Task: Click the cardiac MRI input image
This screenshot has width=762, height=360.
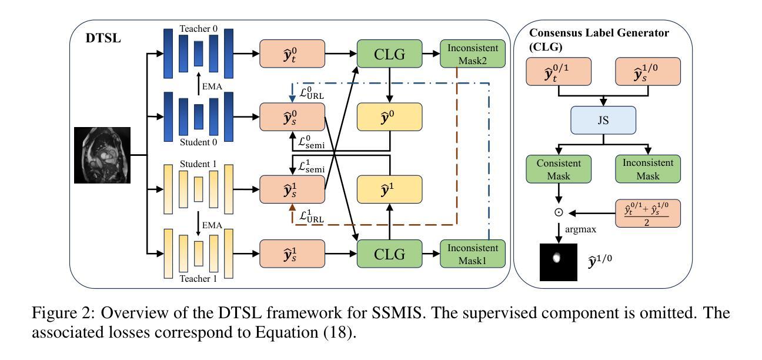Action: [x=102, y=156]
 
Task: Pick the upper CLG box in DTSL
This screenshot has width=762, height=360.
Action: [x=389, y=55]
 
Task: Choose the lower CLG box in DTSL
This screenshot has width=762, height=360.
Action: [x=389, y=255]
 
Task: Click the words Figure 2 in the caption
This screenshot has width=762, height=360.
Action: [x=59, y=314]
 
